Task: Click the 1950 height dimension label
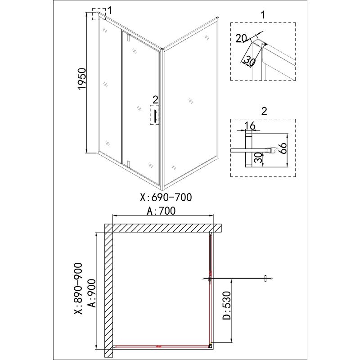pyautogui.click(x=82, y=79)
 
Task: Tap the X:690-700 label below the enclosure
pyautogui.click(x=166, y=197)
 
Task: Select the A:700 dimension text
pyautogui.click(x=161, y=211)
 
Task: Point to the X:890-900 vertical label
pyautogui.click(x=78, y=288)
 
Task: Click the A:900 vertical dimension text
pyautogui.click(x=92, y=293)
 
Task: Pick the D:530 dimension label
pyautogui.click(x=227, y=306)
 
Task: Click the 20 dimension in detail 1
pyautogui.click(x=241, y=39)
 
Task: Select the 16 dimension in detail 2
pyautogui.click(x=250, y=126)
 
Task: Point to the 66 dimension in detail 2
pyautogui.click(x=283, y=148)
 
